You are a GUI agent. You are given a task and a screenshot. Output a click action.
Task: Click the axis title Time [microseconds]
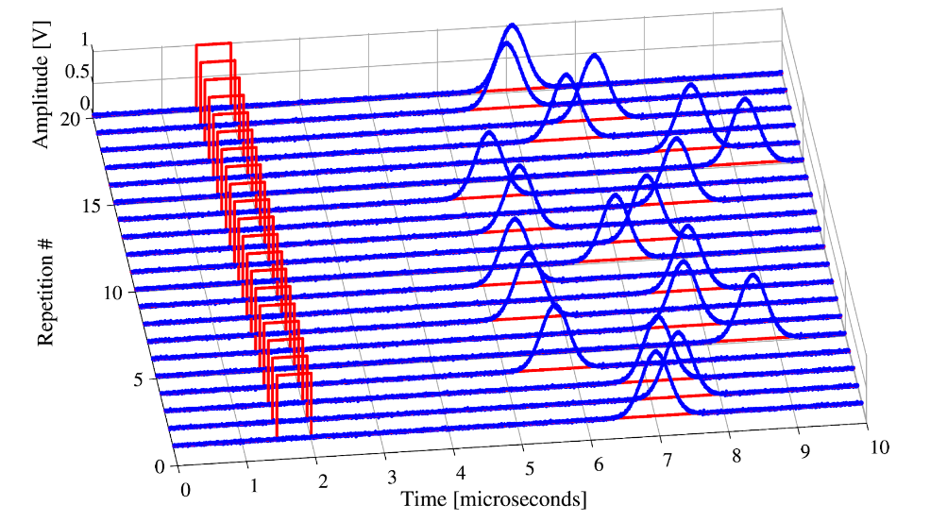493,497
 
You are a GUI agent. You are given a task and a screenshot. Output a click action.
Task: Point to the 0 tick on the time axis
186,491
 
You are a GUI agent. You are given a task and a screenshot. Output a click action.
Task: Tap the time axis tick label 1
253,486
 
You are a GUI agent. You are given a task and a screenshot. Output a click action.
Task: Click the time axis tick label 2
323,481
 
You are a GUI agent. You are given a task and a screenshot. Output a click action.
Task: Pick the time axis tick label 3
391,477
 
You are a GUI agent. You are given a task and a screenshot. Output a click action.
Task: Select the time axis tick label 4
459,472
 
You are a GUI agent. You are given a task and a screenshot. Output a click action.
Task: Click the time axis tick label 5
529,467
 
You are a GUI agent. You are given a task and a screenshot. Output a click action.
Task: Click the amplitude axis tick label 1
85,41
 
